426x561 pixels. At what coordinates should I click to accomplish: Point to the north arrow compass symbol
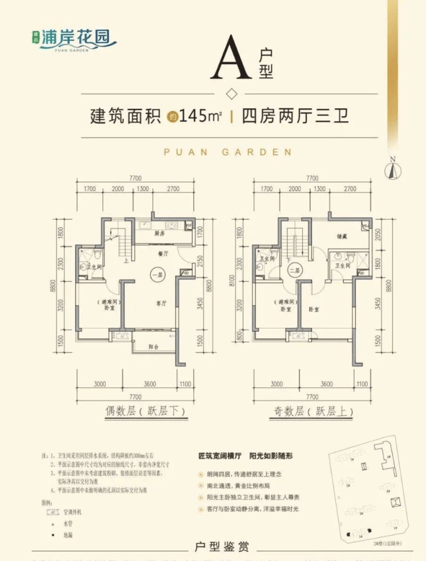(393, 167)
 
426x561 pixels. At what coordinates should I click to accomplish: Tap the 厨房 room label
(159, 233)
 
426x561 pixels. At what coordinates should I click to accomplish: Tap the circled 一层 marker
(155, 274)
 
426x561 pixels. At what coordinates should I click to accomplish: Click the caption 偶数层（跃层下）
(139, 412)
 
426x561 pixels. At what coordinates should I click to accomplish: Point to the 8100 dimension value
(238, 283)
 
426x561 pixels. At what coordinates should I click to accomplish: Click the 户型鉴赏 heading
(214, 544)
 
